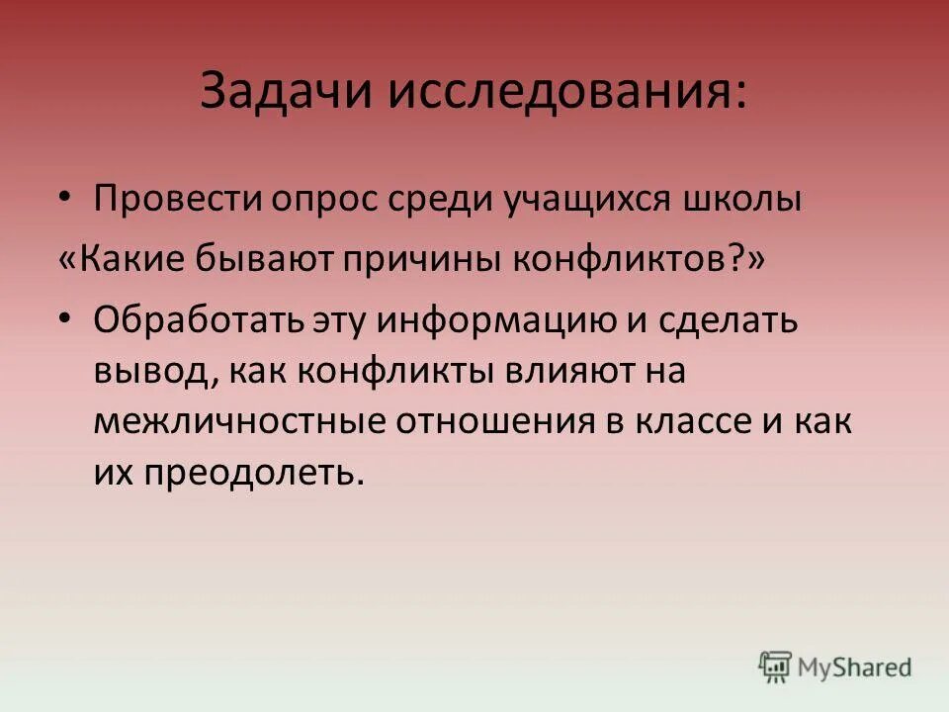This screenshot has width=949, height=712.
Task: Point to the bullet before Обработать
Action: point(65,320)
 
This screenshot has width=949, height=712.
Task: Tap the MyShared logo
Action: point(835,667)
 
